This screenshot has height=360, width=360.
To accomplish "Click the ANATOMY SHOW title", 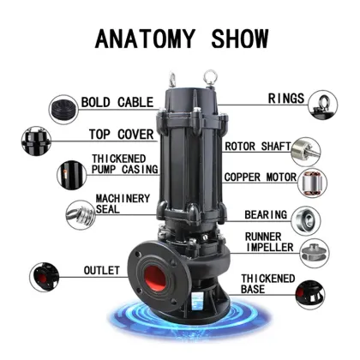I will click(x=180, y=39).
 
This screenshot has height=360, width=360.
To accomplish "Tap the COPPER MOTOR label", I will click(x=261, y=177).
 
